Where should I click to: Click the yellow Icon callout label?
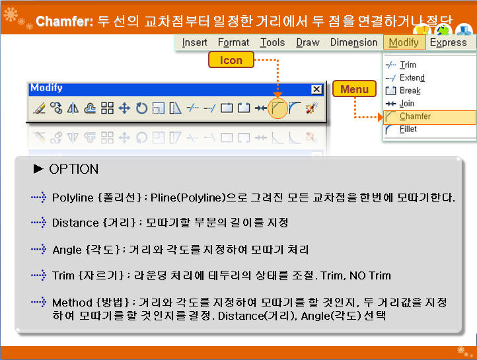click(x=231, y=59)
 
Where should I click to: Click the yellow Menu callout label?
click(x=354, y=89)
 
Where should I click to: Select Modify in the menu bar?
click(x=404, y=42)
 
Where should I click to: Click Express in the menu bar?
click(x=448, y=42)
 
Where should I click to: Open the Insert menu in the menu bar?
click(x=194, y=42)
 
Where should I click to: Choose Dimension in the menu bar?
click(x=354, y=42)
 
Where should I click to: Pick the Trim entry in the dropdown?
click(x=408, y=65)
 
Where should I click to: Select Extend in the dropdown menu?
click(x=412, y=78)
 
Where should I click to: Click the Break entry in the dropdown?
click(x=410, y=90)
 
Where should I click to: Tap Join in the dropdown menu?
click(x=407, y=104)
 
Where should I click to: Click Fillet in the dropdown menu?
click(x=408, y=129)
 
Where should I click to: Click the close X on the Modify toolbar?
click(x=316, y=89)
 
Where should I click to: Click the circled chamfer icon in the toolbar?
click(x=277, y=108)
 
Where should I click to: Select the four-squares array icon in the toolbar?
click(x=107, y=108)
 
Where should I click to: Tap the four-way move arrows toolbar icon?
click(x=124, y=108)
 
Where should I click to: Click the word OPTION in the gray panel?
click(x=73, y=169)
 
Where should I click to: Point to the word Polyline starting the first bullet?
click(x=73, y=198)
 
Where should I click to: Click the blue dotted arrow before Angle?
click(x=38, y=250)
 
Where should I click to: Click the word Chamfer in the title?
click(x=64, y=21)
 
